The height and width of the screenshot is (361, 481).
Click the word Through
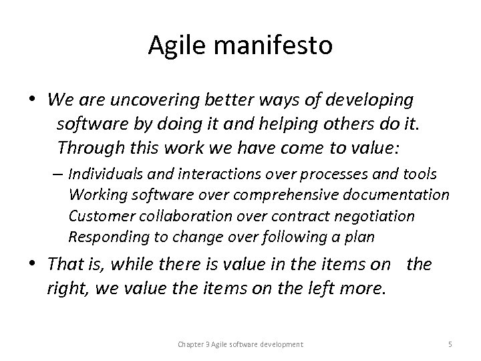click(86, 148)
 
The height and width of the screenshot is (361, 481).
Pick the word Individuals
click(105, 174)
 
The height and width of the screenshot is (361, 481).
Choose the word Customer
click(97, 217)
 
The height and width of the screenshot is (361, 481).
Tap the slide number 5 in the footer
click(450, 344)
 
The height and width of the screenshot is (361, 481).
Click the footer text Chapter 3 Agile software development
click(240, 344)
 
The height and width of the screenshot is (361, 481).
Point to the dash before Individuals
click(59, 175)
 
